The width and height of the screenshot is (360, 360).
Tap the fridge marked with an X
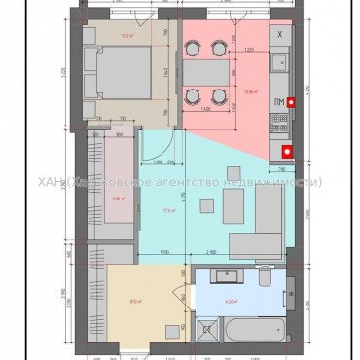[x=280, y=36]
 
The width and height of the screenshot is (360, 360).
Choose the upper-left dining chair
[x=193, y=46]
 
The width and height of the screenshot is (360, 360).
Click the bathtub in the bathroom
[x=255, y=330]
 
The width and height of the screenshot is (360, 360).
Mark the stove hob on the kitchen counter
[x=279, y=123]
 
